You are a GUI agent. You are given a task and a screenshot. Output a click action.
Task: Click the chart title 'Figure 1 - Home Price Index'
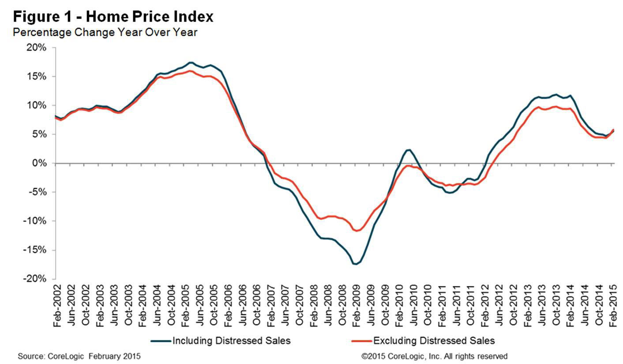tap(113, 17)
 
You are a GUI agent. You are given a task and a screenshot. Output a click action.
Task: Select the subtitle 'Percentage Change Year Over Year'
tap(105, 32)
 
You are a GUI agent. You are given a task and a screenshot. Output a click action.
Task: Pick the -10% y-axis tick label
tap(35, 221)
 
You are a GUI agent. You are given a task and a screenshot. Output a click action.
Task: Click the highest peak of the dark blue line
tap(191, 62)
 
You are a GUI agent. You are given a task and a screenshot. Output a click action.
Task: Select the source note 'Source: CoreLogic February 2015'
tap(79, 356)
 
